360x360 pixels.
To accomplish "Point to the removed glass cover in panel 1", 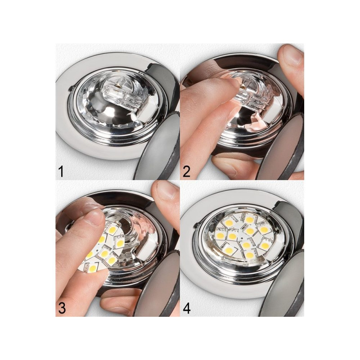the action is pyautogui.click(x=158, y=147).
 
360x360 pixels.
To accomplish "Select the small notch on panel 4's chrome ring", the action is pyautogui.click(x=196, y=225).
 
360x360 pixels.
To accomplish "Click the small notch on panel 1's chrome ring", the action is pyautogui.click(x=72, y=88).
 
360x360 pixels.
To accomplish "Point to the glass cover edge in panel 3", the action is pyautogui.click(x=158, y=285).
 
